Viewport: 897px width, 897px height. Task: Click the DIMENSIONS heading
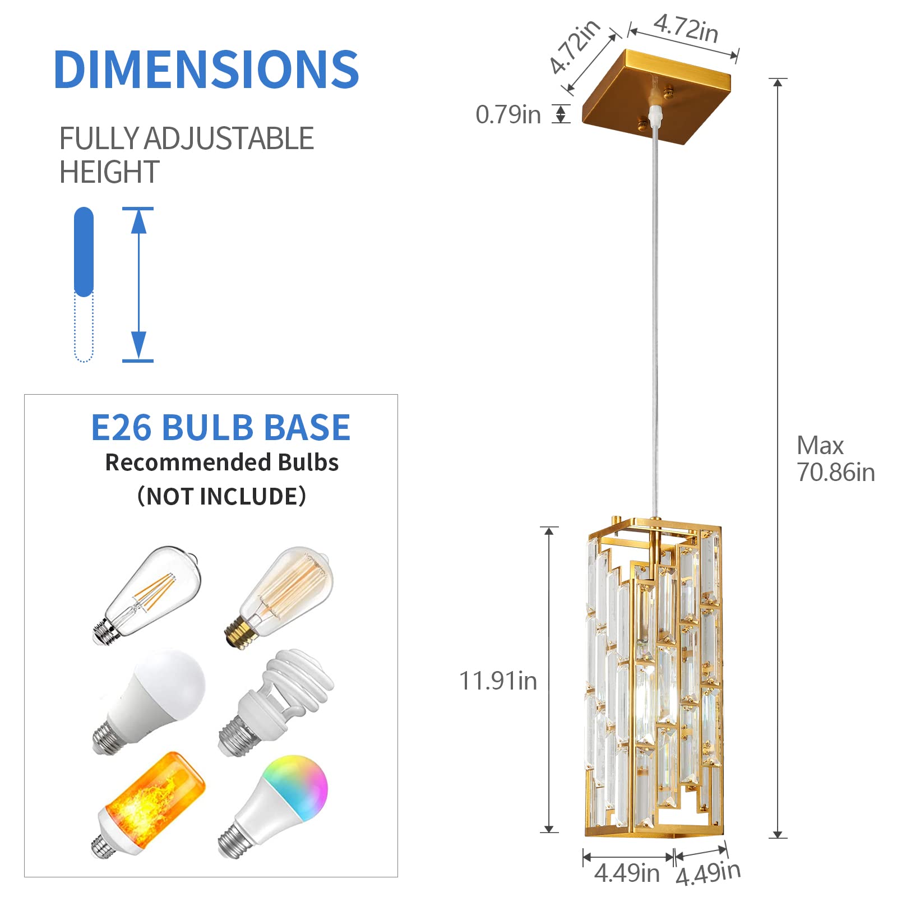click(x=206, y=70)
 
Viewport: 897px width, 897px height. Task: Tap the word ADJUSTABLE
click(x=229, y=138)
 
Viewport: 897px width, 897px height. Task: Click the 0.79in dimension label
click(x=508, y=115)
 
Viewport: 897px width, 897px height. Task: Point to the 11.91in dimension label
click(x=498, y=681)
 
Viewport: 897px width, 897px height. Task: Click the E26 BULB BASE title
click(x=220, y=428)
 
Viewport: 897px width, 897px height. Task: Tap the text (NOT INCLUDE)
click(x=221, y=496)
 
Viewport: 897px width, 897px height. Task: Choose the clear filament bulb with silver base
click(x=149, y=594)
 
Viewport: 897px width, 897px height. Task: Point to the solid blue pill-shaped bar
click(x=84, y=252)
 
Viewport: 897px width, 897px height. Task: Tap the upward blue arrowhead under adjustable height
click(x=138, y=221)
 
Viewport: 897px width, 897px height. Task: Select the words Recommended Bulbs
click(x=222, y=463)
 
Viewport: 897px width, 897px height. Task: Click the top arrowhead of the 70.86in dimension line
click(x=778, y=83)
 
